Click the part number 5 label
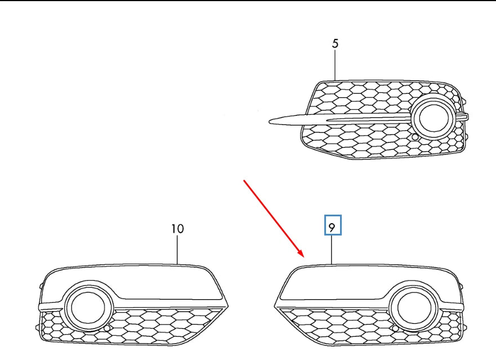(x=336, y=43)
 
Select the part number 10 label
(x=177, y=229)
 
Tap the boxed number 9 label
(x=332, y=227)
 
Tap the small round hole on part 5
(x=415, y=137)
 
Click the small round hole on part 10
(x=107, y=328)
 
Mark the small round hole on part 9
(x=395, y=328)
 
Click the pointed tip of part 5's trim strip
(x=271, y=120)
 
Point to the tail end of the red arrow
(x=244, y=180)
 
